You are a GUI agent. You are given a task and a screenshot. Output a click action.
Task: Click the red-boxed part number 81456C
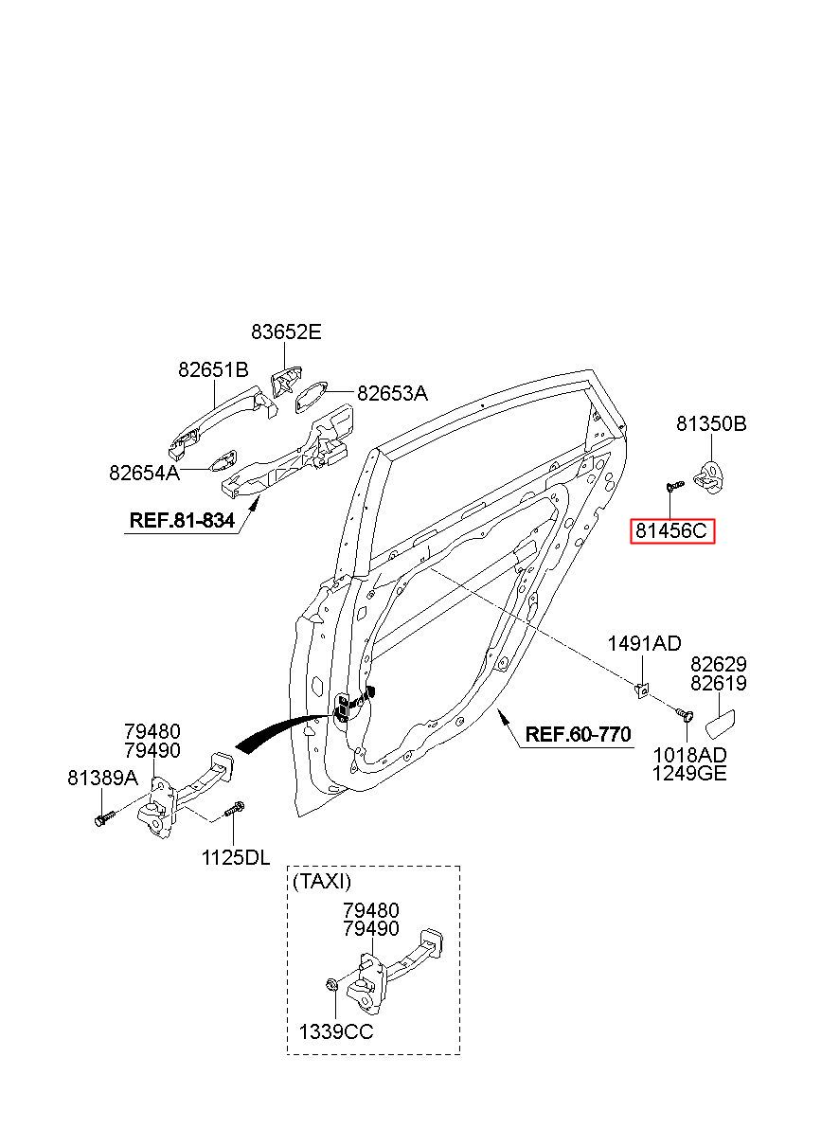pyautogui.click(x=671, y=531)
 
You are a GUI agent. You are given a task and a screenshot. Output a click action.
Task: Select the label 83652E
pyautogui.click(x=286, y=332)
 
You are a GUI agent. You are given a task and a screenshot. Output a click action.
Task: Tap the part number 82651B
pyautogui.click(x=213, y=369)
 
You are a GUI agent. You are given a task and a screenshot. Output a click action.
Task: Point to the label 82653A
pyautogui.click(x=392, y=393)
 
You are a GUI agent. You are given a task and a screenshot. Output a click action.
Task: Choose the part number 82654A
pyautogui.click(x=144, y=472)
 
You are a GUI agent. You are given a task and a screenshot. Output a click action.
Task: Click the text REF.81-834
pyautogui.click(x=182, y=520)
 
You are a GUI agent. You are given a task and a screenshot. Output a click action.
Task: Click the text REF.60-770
pyautogui.click(x=579, y=735)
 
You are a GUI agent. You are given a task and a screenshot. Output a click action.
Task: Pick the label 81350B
pyautogui.click(x=711, y=423)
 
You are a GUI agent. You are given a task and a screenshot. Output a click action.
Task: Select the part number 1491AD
pyautogui.click(x=645, y=644)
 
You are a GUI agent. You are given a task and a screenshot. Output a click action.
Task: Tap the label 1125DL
pyautogui.click(x=236, y=858)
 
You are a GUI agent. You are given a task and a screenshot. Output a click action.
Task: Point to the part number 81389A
pyautogui.click(x=103, y=779)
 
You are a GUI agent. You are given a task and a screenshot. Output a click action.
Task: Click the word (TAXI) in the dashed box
pyautogui.click(x=322, y=881)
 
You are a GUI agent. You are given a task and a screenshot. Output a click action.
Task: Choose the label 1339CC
pyautogui.click(x=336, y=1031)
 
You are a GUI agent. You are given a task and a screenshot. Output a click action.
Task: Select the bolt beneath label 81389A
pyautogui.click(x=104, y=817)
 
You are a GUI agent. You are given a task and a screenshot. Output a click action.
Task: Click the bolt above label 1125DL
pyautogui.click(x=235, y=809)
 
